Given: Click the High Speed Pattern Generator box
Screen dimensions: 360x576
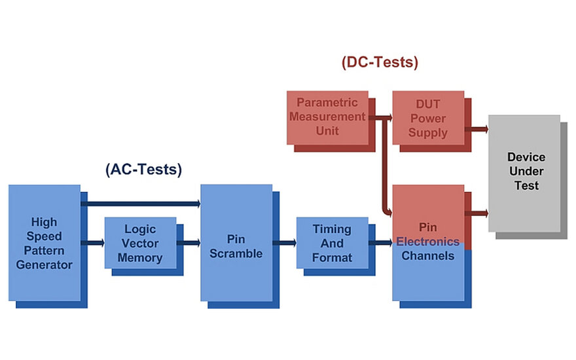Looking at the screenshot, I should [x=45, y=243].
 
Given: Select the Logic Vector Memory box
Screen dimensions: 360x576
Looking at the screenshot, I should [x=140, y=243].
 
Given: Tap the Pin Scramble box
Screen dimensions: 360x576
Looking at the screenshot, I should [x=236, y=243].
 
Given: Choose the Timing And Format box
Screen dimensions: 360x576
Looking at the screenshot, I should [x=332, y=243].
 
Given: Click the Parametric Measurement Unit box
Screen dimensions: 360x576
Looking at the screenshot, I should [x=327, y=117].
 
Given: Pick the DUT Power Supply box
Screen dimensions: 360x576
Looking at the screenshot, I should [x=427, y=118].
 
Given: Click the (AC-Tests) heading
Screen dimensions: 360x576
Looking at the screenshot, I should [x=143, y=170].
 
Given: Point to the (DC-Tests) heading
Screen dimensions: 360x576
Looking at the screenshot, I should [x=380, y=63].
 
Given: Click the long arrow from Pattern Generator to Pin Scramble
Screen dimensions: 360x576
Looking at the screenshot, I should [x=140, y=204].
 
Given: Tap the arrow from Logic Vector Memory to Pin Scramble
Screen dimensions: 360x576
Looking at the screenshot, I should [x=189, y=243].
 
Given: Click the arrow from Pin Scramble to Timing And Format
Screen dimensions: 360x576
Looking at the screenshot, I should [x=284, y=243].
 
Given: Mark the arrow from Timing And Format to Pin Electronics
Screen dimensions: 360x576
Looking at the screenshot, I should [x=380, y=243].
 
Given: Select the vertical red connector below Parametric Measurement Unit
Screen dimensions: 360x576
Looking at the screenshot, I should [x=386, y=164].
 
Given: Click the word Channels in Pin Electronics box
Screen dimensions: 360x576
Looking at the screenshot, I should [x=427, y=256].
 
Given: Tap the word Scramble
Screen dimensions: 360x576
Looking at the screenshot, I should [x=236, y=253].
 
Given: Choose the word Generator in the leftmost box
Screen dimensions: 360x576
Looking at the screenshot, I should [x=45, y=264].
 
